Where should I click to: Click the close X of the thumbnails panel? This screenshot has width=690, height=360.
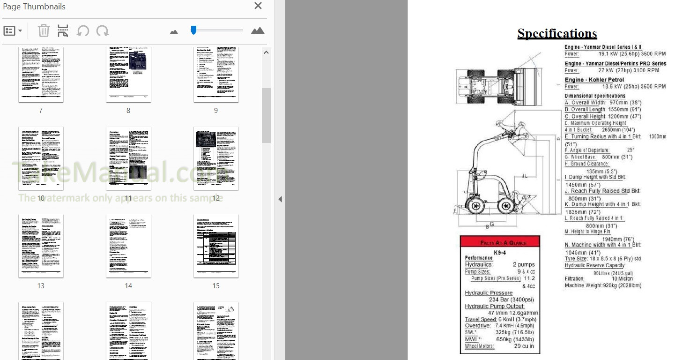pos(258,6)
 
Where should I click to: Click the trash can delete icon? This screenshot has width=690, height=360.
pos(44,31)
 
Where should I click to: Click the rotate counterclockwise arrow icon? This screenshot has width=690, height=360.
pos(83,31)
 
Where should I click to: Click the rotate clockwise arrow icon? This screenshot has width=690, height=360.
pos(102,31)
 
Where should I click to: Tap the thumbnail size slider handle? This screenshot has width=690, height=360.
pos(193,30)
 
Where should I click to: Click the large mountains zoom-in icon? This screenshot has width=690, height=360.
pos(258,31)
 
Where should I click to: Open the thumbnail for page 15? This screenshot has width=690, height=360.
pos(216,246)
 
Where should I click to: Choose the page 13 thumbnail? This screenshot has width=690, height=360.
pos(41,246)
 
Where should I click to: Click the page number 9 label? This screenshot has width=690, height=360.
pos(216,111)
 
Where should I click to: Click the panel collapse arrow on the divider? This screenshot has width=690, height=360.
pos(280,199)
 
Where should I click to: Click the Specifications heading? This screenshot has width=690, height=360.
pos(557,33)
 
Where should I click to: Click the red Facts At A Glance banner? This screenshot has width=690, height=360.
pos(500,242)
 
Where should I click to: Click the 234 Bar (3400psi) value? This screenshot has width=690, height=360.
pos(511,300)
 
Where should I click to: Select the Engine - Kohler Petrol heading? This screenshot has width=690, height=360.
pos(594,80)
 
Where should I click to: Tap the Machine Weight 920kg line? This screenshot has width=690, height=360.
pos(602,285)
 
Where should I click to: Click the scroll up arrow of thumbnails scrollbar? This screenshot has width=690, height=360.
pos(266,52)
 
